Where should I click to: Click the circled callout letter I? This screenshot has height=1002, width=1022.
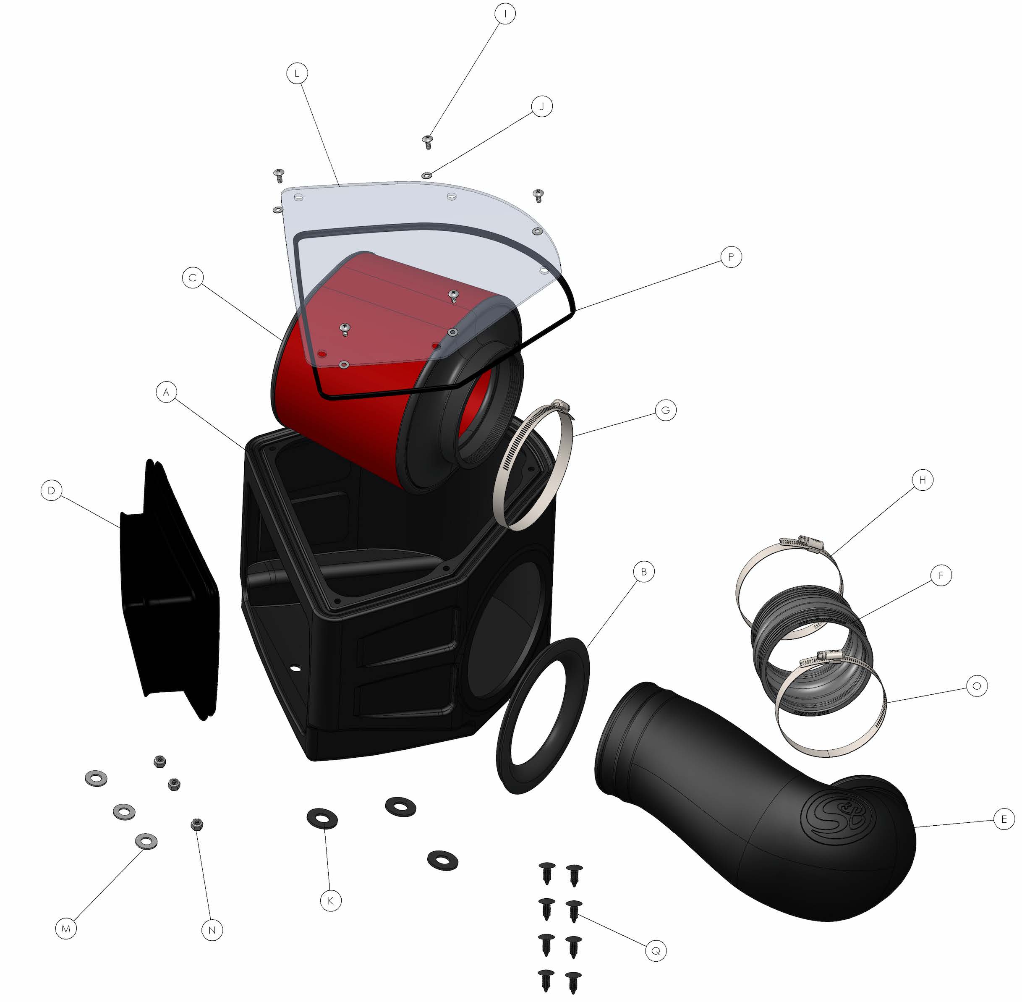[505, 14]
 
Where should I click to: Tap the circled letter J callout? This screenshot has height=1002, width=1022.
[541, 107]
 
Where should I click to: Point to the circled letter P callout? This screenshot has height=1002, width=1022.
[730, 257]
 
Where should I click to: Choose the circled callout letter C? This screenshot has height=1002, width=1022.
[193, 277]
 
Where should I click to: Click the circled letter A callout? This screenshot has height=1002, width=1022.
[166, 392]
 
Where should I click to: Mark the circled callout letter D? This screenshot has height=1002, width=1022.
[51, 490]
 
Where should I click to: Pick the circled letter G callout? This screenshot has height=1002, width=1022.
[666, 410]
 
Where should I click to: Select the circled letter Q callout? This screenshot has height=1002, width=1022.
[656, 951]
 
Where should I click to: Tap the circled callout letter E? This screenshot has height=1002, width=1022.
[1004, 819]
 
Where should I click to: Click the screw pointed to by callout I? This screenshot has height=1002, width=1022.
[428, 141]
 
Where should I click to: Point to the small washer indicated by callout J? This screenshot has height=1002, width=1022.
[427, 175]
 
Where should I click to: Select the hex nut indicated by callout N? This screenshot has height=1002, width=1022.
[197, 824]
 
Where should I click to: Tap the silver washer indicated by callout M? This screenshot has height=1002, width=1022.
[146, 840]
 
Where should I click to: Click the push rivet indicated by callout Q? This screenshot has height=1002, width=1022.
[574, 910]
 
